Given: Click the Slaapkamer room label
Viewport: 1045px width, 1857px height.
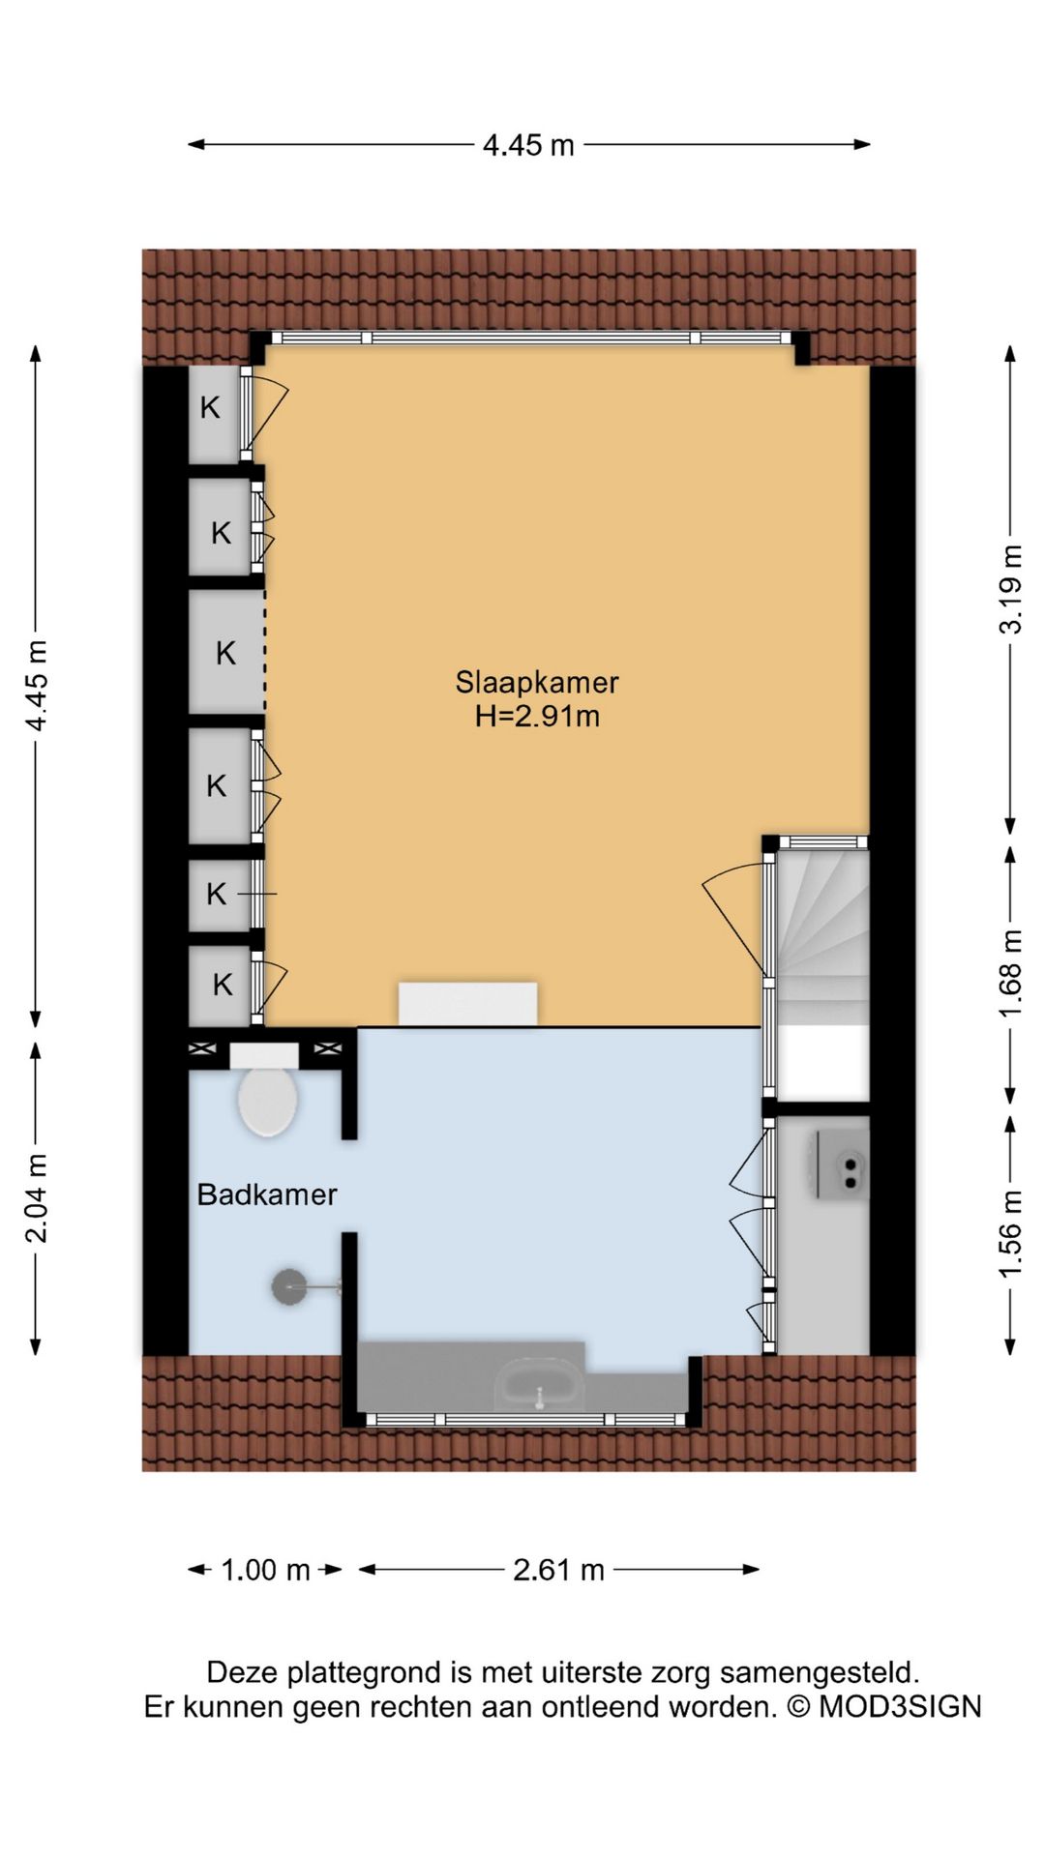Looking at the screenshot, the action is [x=537, y=682].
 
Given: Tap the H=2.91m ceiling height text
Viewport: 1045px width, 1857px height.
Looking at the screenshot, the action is [x=537, y=717].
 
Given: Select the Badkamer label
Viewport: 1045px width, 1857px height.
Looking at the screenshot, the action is [x=267, y=1194].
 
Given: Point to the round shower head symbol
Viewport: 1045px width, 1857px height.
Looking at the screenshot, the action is [x=289, y=1286].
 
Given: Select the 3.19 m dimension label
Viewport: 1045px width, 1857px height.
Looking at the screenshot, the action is [x=1010, y=589].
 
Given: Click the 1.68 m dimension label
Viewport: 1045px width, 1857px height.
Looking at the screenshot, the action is [x=1010, y=974].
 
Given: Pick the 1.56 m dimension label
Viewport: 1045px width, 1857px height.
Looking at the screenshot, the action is [x=1010, y=1234].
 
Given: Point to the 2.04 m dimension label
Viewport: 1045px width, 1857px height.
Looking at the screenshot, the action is [x=36, y=1198].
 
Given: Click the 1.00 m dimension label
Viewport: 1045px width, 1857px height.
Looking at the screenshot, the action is [x=266, y=1570].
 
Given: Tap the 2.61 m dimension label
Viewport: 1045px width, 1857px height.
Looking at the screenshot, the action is [x=559, y=1570].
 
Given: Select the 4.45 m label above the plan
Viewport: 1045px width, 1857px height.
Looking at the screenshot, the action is [x=529, y=145].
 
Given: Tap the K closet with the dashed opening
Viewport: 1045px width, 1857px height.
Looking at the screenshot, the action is [x=226, y=653].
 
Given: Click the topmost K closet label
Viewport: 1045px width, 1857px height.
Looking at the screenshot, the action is [x=210, y=408].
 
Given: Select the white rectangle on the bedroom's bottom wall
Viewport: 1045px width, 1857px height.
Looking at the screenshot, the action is [x=468, y=1004].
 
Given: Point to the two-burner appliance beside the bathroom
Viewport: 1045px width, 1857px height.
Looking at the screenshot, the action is [x=843, y=1164].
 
